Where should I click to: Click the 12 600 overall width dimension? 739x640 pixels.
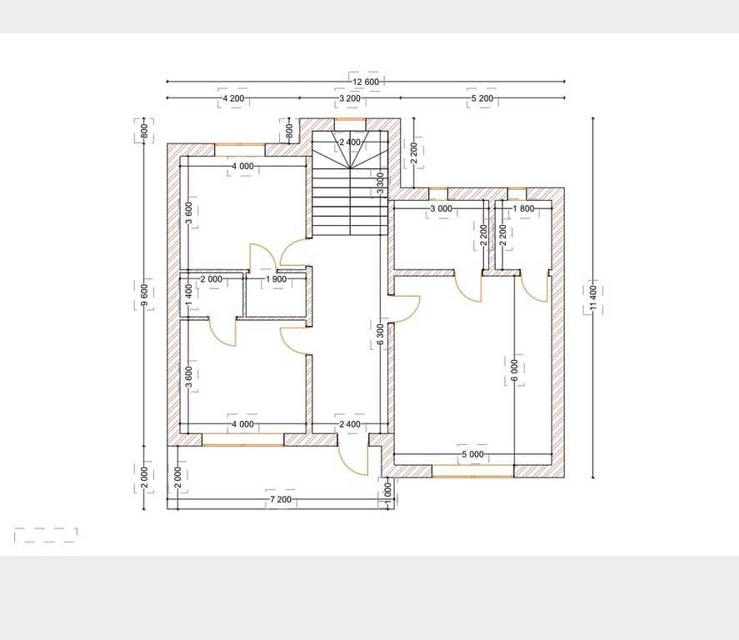tap(366, 82)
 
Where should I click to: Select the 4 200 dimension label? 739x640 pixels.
tap(233, 98)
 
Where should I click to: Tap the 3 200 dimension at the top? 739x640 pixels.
tap(350, 98)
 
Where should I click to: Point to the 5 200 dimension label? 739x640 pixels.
tap(482, 98)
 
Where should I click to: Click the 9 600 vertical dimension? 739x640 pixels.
tap(144, 294)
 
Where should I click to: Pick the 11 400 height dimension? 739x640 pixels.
tap(593, 297)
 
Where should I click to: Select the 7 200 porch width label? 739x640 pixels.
tap(281, 499)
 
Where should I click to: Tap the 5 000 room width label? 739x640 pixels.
tap(472, 454)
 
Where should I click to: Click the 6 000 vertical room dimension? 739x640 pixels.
tap(514, 371)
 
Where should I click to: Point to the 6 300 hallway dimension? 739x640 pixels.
tap(381, 334)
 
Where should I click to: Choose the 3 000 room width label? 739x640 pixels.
tap(441, 208)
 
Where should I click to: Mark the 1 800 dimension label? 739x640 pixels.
tap(523, 208)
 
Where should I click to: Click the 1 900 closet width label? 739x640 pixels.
tap(276, 279)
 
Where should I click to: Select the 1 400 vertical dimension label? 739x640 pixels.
tap(189, 294)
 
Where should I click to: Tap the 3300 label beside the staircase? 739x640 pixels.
tap(381, 184)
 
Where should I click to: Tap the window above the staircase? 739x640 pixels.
tap(350, 119)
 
